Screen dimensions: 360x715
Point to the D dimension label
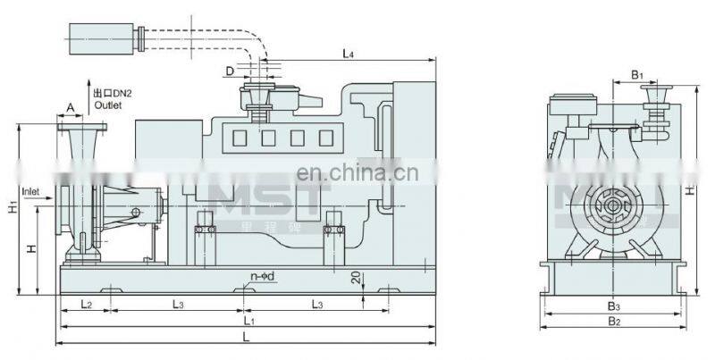tap(230, 69)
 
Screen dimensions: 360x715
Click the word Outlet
tap(107, 105)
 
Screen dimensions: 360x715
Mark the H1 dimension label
tap(13, 208)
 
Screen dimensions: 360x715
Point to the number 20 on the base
tap(357, 279)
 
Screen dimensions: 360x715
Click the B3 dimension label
tap(612, 306)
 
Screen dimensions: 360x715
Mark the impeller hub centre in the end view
tap(608, 212)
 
